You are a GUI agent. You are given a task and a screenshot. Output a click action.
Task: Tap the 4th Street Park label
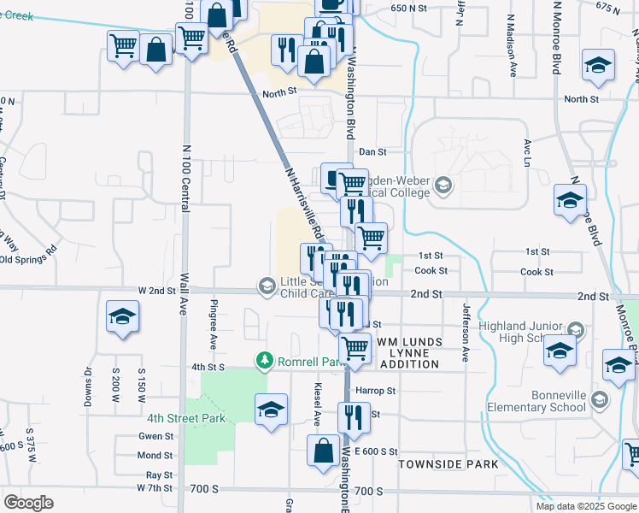pos(185,418)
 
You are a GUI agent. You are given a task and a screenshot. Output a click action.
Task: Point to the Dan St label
pos(372,151)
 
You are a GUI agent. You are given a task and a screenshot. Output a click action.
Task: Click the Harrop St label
pos(379,391)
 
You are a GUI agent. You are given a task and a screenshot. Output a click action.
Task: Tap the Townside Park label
pos(448,463)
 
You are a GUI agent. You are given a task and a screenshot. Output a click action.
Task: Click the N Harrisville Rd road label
pos(304,201)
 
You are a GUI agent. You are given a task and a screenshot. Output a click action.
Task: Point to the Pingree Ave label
pos(214,324)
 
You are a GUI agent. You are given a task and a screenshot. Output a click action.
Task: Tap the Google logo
pos(29,503)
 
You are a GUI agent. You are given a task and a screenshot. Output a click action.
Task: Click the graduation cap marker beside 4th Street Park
pos(272,408)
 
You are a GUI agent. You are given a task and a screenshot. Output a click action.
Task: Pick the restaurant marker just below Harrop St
pos(353,417)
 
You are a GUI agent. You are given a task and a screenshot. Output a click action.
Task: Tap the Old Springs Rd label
pos(27,254)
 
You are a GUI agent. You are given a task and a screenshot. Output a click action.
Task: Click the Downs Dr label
pos(88,386)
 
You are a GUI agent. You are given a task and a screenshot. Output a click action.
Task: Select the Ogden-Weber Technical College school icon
pos(443,184)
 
